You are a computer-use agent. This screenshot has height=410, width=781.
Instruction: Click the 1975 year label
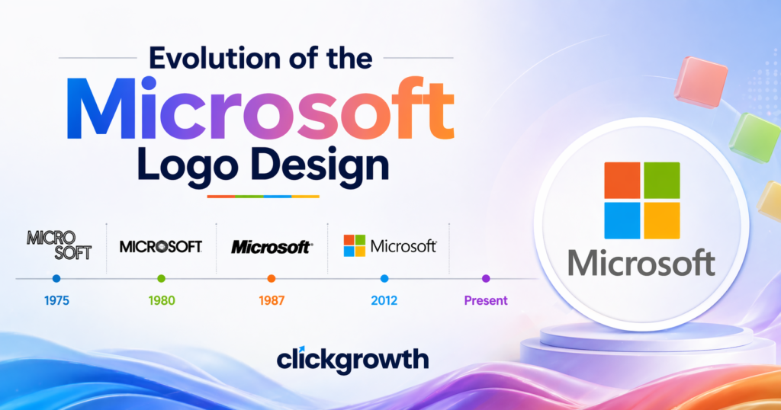click(56, 300)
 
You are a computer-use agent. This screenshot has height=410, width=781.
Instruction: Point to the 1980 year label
click(161, 300)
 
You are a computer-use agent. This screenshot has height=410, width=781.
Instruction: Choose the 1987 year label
click(271, 300)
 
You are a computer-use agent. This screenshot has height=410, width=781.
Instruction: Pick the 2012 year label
click(384, 300)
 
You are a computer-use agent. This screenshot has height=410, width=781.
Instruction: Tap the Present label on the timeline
click(486, 300)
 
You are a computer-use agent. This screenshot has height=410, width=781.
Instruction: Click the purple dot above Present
click(486, 279)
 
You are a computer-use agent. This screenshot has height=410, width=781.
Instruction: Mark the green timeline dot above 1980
click(161, 279)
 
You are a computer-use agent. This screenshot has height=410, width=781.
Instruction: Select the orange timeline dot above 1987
click(272, 279)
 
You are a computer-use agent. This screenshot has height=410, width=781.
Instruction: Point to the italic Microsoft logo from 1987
click(271, 247)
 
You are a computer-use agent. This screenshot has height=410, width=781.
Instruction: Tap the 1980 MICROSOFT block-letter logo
click(161, 246)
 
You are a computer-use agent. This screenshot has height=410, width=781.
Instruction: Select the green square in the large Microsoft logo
click(661, 181)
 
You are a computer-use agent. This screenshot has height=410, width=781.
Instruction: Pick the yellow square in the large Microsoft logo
click(661, 220)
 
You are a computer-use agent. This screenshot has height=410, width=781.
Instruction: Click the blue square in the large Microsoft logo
click(622, 220)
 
